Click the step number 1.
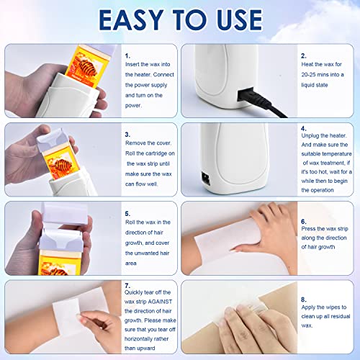127,55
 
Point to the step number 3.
127,133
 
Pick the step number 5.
127,213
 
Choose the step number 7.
127,286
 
